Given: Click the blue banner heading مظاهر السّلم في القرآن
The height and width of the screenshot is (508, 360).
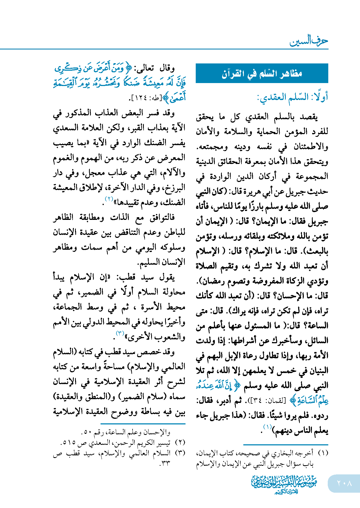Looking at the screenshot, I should coord(262,73).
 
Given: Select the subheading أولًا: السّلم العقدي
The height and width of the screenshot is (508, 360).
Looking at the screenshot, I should coord(293,97).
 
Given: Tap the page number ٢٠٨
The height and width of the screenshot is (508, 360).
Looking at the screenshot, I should coord(344,483).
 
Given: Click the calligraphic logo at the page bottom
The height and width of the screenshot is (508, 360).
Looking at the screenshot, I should coord(284,485).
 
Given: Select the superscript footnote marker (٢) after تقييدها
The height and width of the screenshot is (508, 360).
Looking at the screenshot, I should coord(109,199).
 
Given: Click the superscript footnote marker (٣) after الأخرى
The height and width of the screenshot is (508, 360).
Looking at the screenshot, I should coord(120,333).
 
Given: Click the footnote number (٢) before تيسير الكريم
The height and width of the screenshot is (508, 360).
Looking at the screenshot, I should coord(180,442).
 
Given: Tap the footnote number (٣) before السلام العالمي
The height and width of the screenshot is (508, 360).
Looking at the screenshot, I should coord(180,453).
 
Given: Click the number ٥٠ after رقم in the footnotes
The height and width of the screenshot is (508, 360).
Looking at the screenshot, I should coord(87,432).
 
